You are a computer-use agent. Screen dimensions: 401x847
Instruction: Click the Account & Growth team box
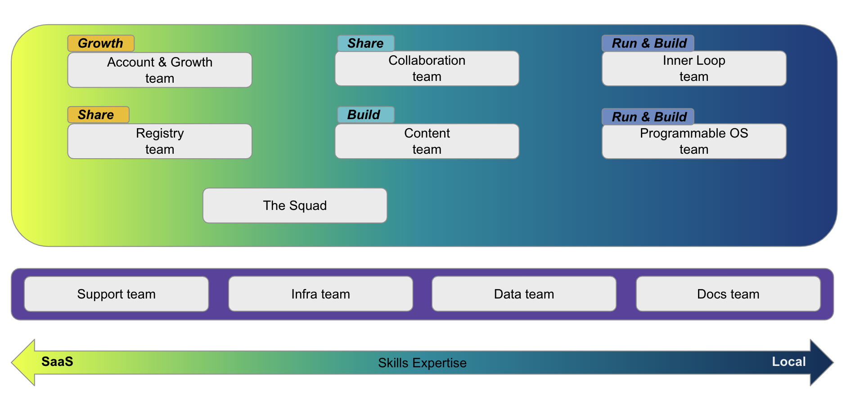click(x=159, y=70)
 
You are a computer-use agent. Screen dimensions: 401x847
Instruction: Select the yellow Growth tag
click(x=101, y=43)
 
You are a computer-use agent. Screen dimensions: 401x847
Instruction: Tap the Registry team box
click(x=159, y=141)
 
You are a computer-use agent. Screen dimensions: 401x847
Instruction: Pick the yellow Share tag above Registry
click(x=98, y=115)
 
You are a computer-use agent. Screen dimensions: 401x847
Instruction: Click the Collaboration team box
click(x=427, y=68)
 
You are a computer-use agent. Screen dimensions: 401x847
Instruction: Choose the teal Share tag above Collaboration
click(x=365, y=43)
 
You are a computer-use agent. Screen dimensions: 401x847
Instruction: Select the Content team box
click(x=427, y=141)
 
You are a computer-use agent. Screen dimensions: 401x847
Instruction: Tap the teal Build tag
click(x=365, y=115)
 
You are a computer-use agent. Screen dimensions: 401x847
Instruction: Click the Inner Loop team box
click(x=694, y=68)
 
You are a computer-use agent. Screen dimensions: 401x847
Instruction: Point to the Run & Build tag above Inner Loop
click(x=648, y=43)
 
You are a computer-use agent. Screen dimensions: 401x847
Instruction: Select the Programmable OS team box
click(x=694, y=141)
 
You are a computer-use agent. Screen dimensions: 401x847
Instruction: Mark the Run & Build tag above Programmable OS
click(x=648, y=117)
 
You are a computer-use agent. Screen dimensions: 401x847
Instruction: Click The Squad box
click(x=295, y=205)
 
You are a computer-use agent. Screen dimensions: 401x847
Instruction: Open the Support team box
click(x=116, y=294)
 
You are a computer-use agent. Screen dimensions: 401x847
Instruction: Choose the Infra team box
click(x=320, y=294)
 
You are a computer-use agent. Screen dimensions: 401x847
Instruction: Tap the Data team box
click(x=524, y=294)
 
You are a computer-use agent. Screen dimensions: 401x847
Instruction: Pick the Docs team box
click(x=728, y=294)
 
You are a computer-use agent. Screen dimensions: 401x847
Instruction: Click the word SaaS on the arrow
click(x=57, y=361)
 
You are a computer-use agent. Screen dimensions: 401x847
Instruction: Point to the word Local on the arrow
click(x=788, y=361)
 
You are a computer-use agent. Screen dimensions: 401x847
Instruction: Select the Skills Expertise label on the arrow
click(x=422, y=363)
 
